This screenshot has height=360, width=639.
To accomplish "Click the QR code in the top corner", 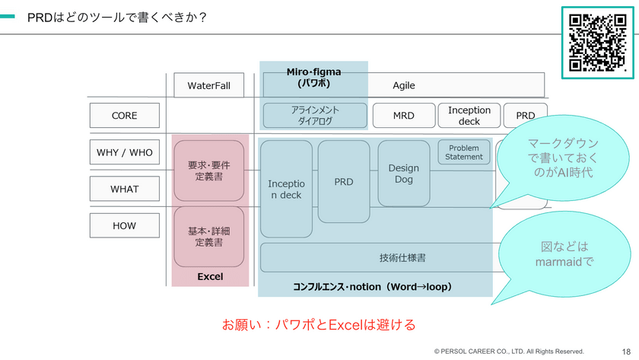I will (x=597, y=41).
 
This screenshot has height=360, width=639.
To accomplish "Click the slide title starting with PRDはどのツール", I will (x=117, y=17).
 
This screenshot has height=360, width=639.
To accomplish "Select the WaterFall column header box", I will (x=208, y=85).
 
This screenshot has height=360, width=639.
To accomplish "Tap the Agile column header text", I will (x=404, y=85).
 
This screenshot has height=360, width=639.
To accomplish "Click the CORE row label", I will (x=124, y=116).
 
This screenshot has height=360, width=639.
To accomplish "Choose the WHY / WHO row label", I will (x=124, y=152).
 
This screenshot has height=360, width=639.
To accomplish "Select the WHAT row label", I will (x=124, y=189).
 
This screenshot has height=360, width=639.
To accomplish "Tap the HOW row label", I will (x=124, y=226).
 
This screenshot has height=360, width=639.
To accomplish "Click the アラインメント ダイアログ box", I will (x=315, y=116).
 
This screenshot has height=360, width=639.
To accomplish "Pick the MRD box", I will (x=403, y=116).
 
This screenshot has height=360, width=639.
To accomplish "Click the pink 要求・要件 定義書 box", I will (x=208, y=171).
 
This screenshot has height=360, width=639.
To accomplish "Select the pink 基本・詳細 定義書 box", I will (x=208, y=236).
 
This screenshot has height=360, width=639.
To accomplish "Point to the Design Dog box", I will (x=403, y=174).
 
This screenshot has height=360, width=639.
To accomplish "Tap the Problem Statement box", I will (x=464, y=152).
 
